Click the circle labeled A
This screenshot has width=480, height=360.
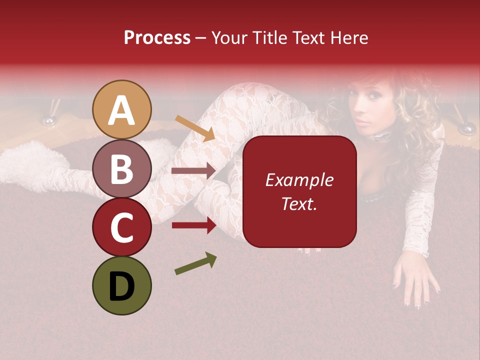point(121,109)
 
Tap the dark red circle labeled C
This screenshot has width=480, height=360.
point(121,227)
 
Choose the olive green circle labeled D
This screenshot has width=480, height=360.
point(121,285)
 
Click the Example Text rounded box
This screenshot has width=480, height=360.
point(299,191)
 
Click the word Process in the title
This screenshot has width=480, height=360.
point(157,37)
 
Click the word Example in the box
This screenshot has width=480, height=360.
point(299,180)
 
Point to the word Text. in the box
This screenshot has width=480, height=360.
point(299,203)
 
